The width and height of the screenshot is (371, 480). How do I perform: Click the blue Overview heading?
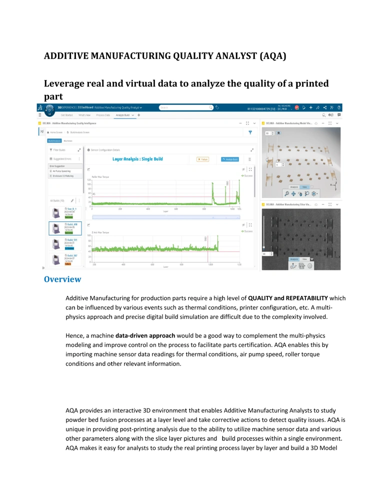point(62,279)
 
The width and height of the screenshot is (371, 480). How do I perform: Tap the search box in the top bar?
point(182,107)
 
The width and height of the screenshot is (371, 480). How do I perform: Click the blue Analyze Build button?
point(229,159)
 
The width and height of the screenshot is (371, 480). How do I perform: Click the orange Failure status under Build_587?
point(68,263)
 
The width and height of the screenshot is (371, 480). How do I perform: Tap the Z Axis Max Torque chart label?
point(101,232)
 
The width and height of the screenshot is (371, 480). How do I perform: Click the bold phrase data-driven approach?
point(145,335)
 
